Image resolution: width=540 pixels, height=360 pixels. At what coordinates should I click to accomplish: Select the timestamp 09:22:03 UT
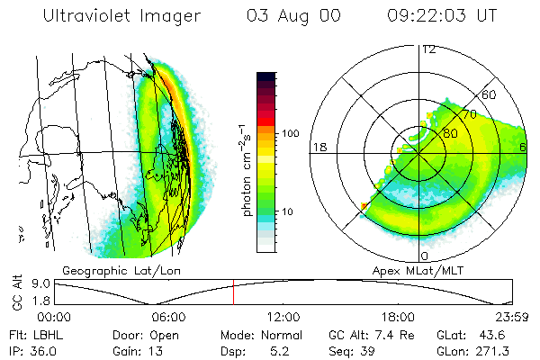(x=441, y=16)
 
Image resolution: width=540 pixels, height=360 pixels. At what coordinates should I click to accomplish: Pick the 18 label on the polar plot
(x=318, y=147)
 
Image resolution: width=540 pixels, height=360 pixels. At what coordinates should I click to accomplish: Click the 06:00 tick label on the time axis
(x=168, y=317)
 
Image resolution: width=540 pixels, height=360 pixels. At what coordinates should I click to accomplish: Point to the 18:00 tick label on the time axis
(x=398, y=317)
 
